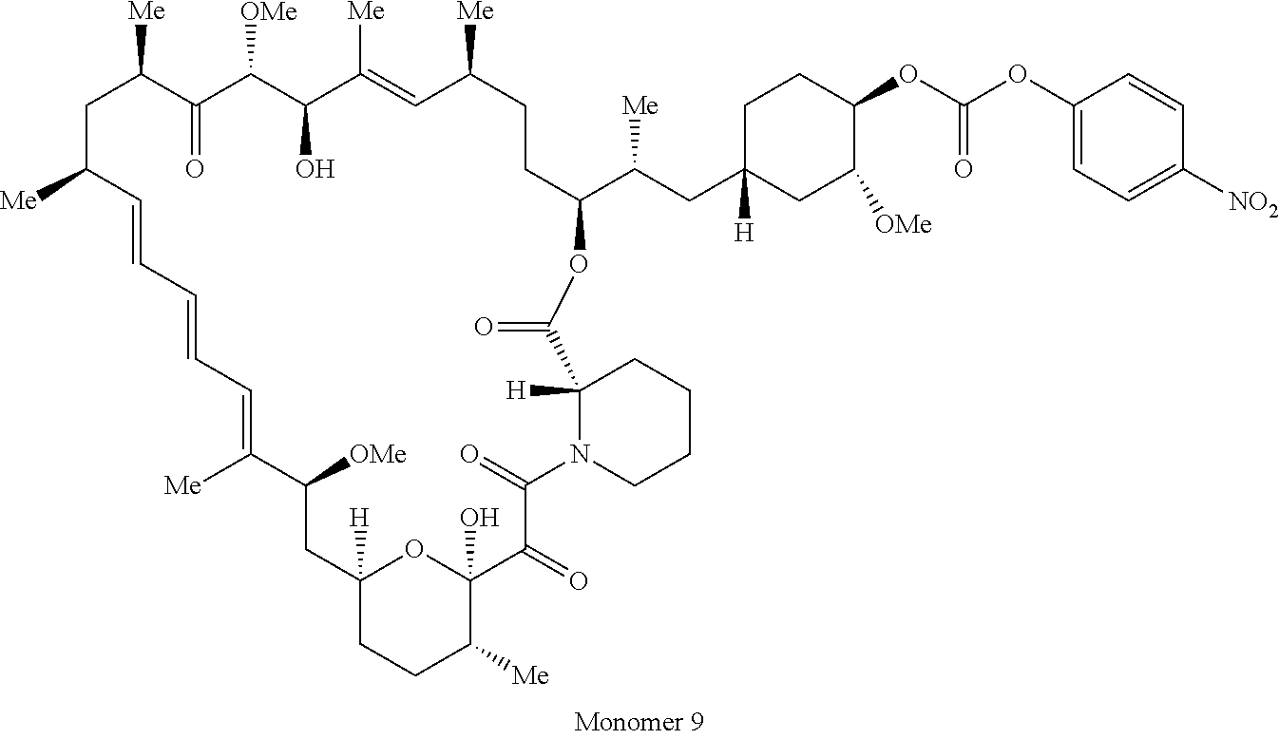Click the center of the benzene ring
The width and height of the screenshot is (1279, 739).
coord(1129,140)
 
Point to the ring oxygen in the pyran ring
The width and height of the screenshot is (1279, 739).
coord(412,549)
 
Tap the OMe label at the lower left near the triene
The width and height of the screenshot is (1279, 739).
coord(376,455)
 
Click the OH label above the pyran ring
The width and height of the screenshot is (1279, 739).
coord(478,518)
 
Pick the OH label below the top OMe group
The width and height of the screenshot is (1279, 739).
coord(314,170)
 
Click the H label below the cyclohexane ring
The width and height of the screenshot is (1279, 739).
coord(744,232)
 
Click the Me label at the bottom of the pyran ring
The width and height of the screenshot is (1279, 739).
coord(530,676)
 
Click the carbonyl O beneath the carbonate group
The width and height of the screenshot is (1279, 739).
coord(964,170)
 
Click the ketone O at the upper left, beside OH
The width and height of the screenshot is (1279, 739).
coord(195,170)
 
